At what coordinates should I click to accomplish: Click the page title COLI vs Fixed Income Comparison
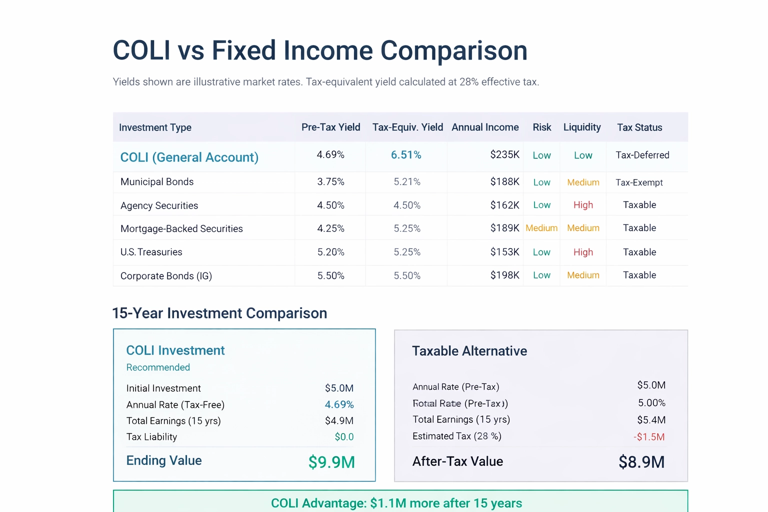320,50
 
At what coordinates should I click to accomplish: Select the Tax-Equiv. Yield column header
407,127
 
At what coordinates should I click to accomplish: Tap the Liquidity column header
582,127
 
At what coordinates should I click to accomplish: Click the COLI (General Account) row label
189,157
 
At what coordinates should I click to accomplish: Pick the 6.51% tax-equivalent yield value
406,155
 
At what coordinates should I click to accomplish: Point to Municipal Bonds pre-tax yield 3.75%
330,181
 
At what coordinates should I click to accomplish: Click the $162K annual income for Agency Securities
504,205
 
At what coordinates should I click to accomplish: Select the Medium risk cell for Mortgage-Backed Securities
541,228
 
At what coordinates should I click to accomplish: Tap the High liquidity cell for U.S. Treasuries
583,252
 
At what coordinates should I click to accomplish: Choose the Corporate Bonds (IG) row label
166,276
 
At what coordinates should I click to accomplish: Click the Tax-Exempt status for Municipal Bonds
639,182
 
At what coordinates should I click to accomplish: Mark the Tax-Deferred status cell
642,155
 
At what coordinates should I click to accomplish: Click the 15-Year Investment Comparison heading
219,313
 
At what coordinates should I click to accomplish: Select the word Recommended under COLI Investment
158,367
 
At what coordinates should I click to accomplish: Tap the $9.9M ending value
331,462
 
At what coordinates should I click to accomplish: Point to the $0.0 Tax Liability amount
344,437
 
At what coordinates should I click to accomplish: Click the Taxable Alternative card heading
469,351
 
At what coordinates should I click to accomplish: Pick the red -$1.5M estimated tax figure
649,437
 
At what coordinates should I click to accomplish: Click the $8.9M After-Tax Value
641,462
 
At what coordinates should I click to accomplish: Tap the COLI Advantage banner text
396,503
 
